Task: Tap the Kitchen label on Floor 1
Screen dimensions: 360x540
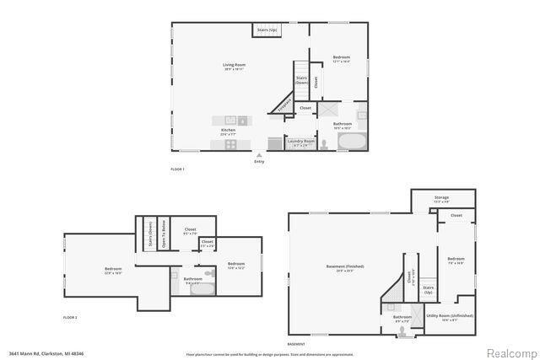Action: pyautogui.click(x=228, y=131)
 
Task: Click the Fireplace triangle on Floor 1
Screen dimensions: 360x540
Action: pyautogui.click(x=283, y=103)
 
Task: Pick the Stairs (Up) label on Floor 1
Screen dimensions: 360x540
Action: pyautogui.click(x=267, y=30)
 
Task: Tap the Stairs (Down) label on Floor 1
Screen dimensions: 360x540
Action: pyautogui.click(x=300, y=81)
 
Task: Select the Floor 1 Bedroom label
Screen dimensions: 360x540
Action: pyautogui.click(x=341, y=59)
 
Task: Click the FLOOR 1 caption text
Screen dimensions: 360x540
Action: pyautogui.click(x=177, y=169)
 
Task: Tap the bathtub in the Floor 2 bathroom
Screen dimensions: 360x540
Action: pyautogui.click(x=207, y=287)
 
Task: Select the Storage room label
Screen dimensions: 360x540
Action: pyautogui.click(x=441, y=201)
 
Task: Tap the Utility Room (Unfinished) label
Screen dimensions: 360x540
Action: pyautogui.click(x=449, y=317)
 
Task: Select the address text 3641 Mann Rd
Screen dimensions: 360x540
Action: pyautogui.click(x=46, y=353)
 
